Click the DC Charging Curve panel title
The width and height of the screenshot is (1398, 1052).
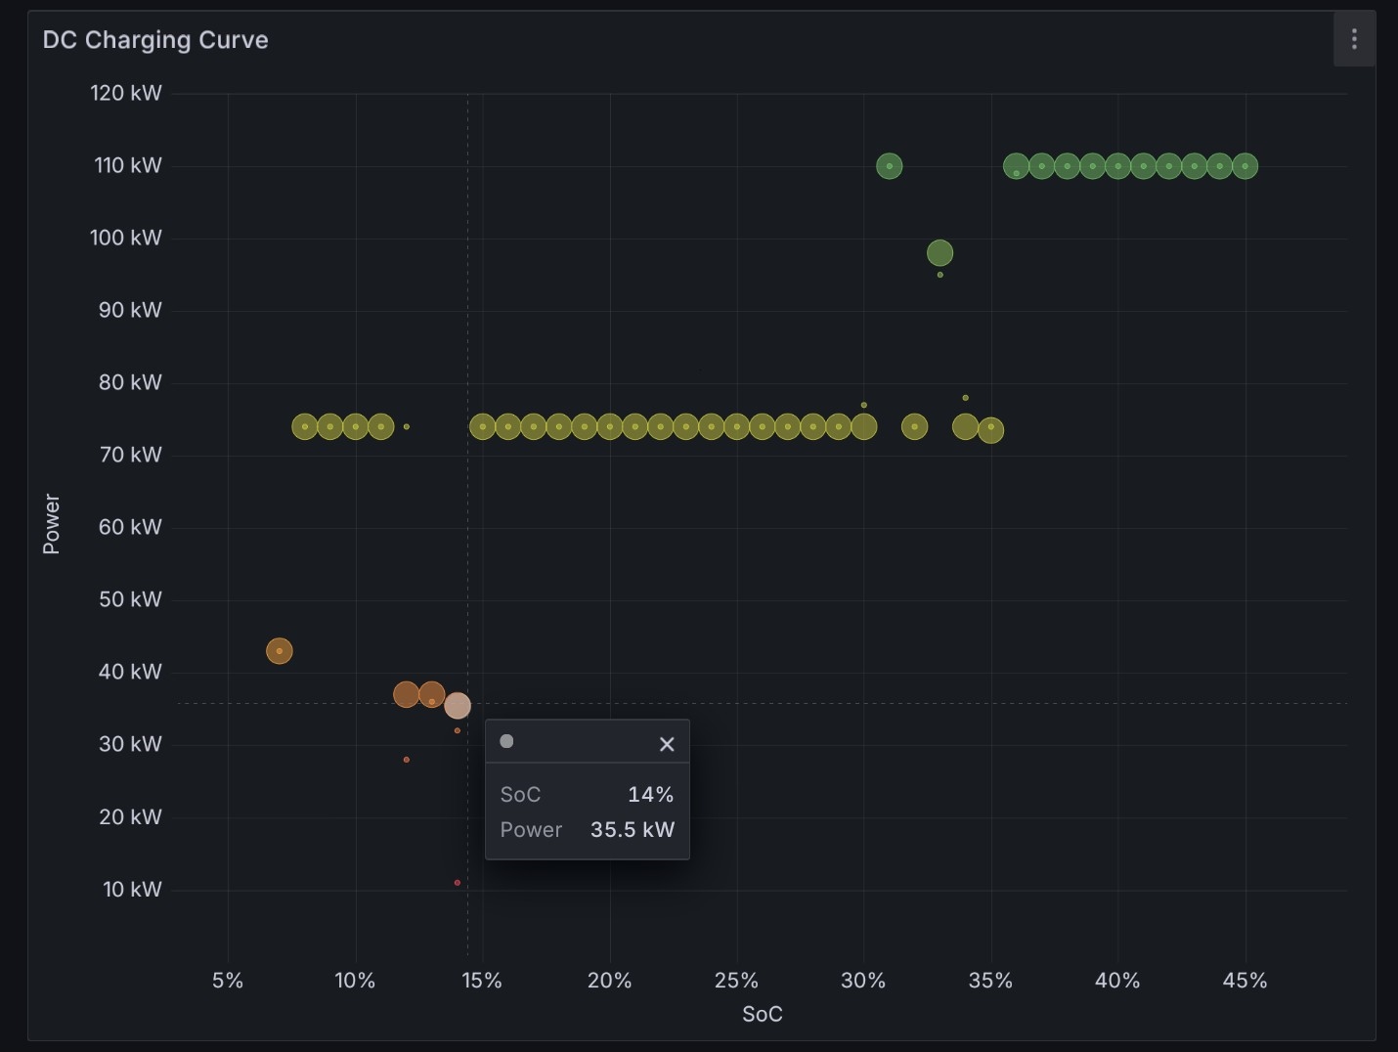point(155,40)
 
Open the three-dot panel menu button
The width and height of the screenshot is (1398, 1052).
point(1354,39)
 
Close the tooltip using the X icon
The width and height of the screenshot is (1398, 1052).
point(667,744)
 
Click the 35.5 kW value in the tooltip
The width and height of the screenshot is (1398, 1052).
point(633,830)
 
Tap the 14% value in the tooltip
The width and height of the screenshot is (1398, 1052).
point(650,794)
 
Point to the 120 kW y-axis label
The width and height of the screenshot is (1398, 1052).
point(126,93)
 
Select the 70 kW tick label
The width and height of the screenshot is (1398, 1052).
point(131,455)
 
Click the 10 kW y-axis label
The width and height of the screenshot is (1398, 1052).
point(133,889)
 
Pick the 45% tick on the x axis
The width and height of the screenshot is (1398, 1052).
point(1245,981)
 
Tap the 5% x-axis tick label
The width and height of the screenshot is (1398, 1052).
point(228,981)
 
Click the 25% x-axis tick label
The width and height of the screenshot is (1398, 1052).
point(736,981)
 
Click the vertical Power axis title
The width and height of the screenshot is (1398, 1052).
point(51,523)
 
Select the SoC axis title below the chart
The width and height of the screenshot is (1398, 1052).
point(763,1014)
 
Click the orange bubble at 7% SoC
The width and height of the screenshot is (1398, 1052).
point(279,651)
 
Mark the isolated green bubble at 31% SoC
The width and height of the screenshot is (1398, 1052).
point(889,166)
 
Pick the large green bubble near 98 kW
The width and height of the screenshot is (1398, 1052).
point(940,253)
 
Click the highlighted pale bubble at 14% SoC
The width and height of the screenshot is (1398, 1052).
point(458,706)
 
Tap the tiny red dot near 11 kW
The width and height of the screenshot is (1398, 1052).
point(458,883)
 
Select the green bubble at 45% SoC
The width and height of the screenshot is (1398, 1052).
point(1245,166)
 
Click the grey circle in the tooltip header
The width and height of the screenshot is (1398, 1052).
point(507,741)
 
